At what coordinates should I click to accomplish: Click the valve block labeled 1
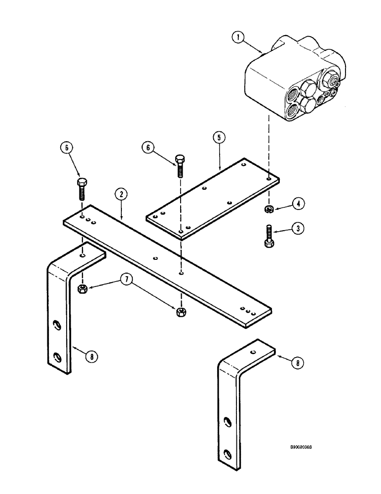coord(291,84)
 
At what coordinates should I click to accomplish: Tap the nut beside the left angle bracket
coord(82,288)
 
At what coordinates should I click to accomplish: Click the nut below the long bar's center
coord(181,311)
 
